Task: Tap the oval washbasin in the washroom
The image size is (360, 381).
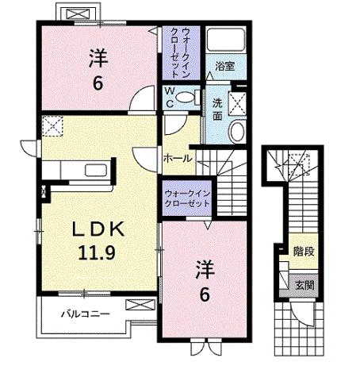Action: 236,132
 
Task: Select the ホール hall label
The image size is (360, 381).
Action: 177,159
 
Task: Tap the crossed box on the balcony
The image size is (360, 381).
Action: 136,305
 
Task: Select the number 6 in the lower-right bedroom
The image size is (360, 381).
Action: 204,295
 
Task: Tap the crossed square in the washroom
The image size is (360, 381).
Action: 237,101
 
